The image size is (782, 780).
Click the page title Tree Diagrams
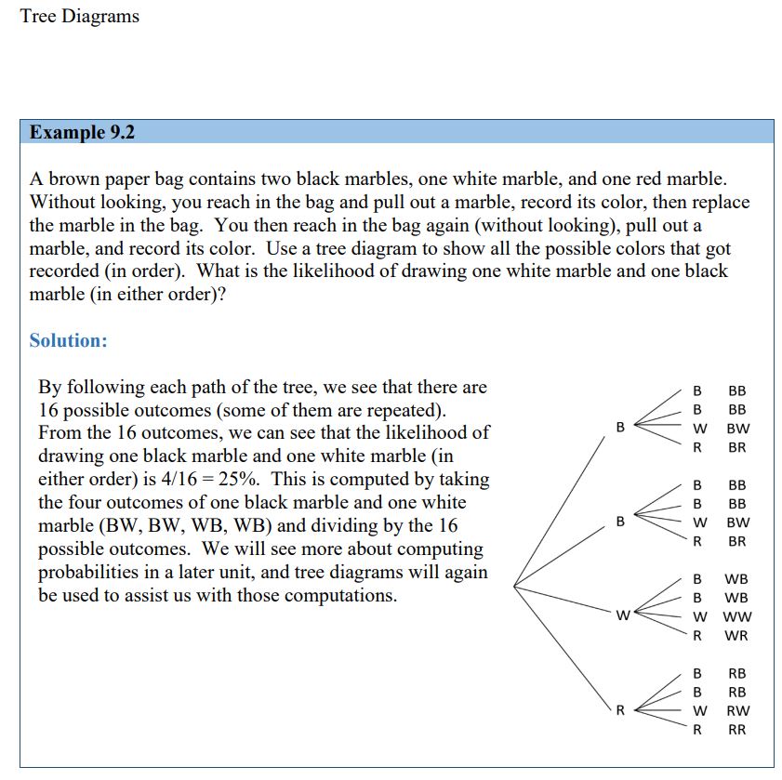pyautogui.click(x=79, y=17)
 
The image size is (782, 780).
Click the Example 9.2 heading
pyautogui.click(x=82, y=132)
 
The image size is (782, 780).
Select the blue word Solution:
pyautogui.click(x=68, y=340)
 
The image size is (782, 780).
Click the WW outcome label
pyautogui.click(x=737, y=616)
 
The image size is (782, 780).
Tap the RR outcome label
pyautogui.click(x=736, y=730)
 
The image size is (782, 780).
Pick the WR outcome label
pyautogui.click(x=736, y=636)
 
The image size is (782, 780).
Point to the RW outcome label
pyautogui.click(x=737, y=710)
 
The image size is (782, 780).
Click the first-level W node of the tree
pyautogui.click(x=622, y=615)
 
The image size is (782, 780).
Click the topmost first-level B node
pyautogui.click(x=620, y=427)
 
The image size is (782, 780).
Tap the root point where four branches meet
pyautogui.click(x=514, y=586)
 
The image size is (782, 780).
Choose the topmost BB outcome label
pyautogui.click(x=737, y=390)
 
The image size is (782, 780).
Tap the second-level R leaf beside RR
pyautogui.click(x=697, y=730)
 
